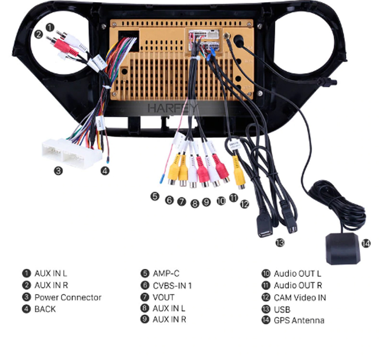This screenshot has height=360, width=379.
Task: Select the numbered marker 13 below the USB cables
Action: pyautogui.click(x=280, y=242)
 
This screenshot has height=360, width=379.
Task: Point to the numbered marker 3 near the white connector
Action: pyautogui.click(x=58, y=170)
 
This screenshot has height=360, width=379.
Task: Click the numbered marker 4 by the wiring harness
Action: pyautogui.click(x=105, y=171)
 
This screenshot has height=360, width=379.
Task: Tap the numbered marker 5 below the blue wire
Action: pyautogui.click(x=154, y=196)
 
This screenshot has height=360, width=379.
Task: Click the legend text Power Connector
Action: pyautogui.click(x=68, y=297)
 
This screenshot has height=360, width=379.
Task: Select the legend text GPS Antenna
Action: pyautogui.click(x=299, y=321)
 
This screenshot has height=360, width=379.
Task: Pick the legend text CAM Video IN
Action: pyautogui.click(x=300, y=297)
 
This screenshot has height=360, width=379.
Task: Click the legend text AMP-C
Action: pyautogui.click(x=166, y=274)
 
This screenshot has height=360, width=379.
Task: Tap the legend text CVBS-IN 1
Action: pyautogui.click(x=172, y=285)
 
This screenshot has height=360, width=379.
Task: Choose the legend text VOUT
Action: pyautogui.click(x=164, y=297)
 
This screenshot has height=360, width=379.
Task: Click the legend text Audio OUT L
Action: pyautogui.click(x=297, y=274)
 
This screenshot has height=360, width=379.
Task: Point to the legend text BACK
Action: pyautogui.click(x=45, y=309)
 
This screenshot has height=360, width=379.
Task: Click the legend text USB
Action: pyautogui.click(x=282, y=309)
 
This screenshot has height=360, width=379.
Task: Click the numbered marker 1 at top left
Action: pyautogui.click(x=49, y=27)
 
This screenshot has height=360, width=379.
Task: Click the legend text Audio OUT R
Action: pyautogui.click(x=298, y=285)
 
